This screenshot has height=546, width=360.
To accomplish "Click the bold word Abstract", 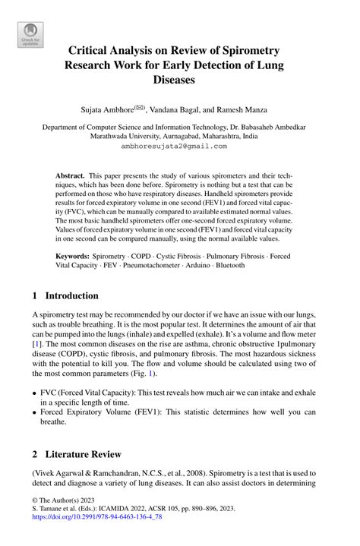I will pos(71,175).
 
